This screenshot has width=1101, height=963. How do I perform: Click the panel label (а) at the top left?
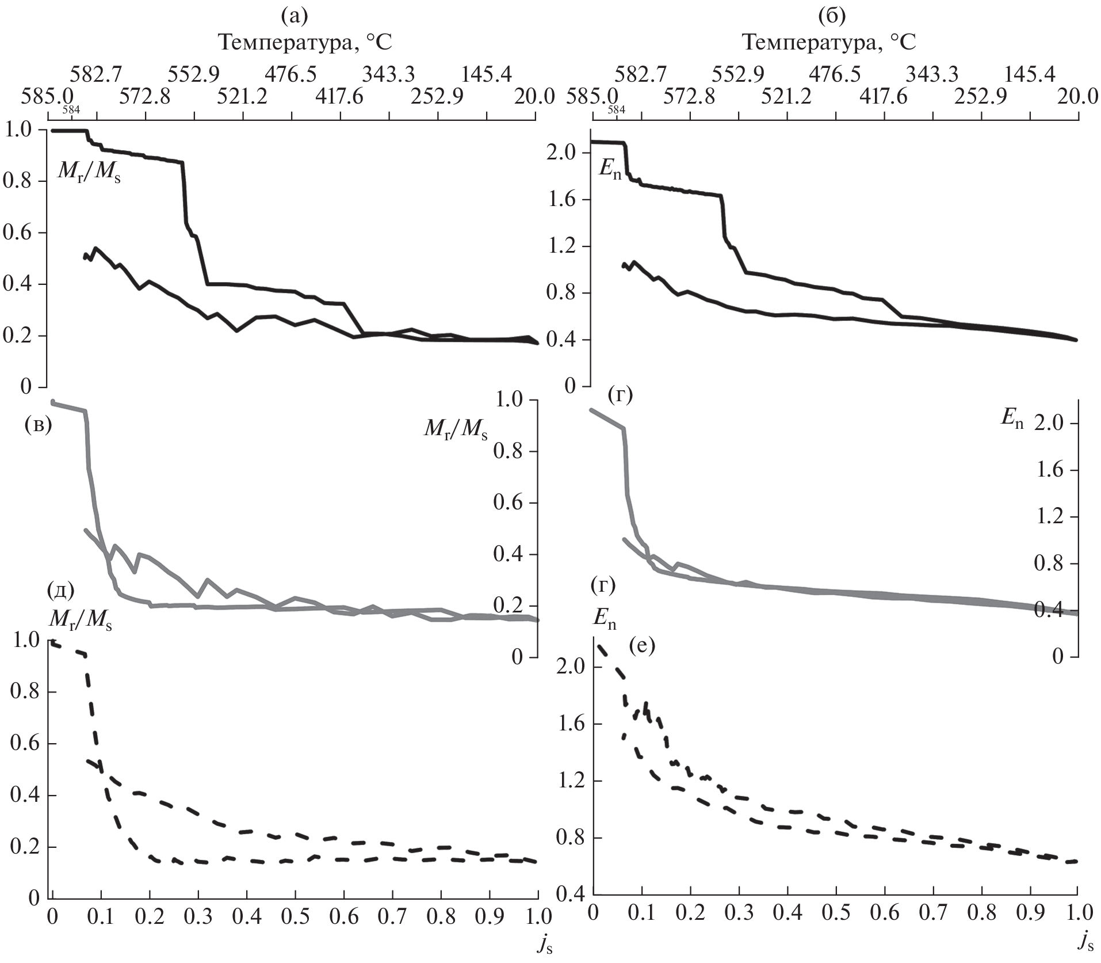[294, 16]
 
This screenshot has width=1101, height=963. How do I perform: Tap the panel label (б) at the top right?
[832, 16]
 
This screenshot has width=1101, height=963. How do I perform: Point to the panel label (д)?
[62, 590]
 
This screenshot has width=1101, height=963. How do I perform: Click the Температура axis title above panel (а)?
[305, 43]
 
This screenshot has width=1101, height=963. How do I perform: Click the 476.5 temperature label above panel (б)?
[835, 74]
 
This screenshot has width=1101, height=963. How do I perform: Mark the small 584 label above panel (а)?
[71, 109]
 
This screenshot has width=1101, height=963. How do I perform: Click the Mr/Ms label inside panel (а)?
[89, 172]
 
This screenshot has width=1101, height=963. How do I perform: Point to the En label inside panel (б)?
[609, 172]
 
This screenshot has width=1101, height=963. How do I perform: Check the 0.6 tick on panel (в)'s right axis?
[509, 503]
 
